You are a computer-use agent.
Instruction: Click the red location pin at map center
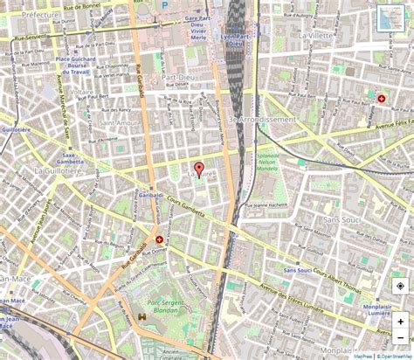[x=198, y=170]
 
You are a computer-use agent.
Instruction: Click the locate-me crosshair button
[x=399, y=286]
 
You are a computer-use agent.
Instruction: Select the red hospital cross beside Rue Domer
[x=159, y=239]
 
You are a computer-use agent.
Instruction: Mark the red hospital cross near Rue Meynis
[x=381, y=99]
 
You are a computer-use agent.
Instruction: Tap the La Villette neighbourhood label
[x=317, y=36]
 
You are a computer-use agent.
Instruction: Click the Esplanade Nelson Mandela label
[x=269, y=163]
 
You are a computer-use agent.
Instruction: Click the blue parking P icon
[x=162, y=4]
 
